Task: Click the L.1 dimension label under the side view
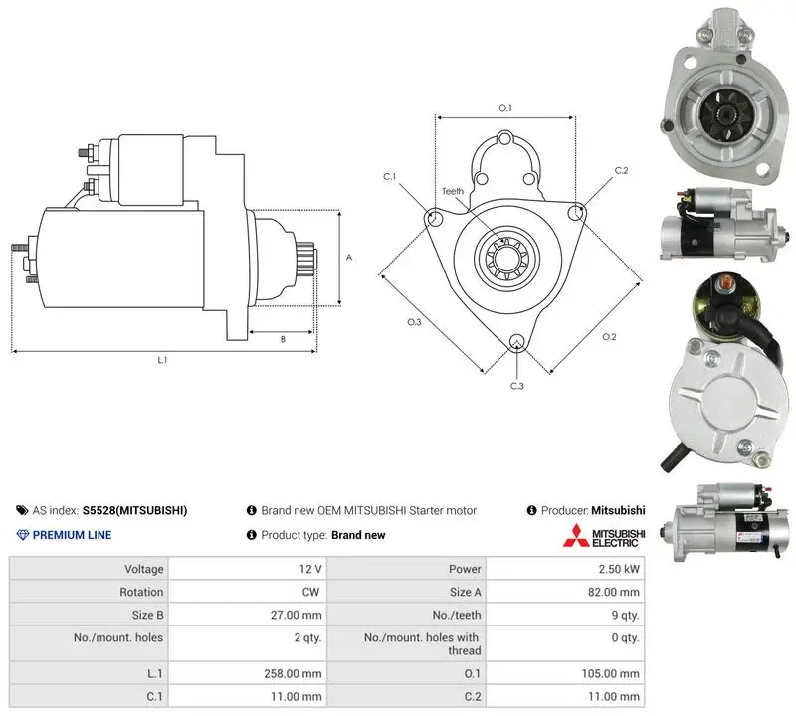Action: tap(162, 360)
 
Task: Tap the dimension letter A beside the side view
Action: tap(349, 258)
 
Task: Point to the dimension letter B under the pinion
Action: tap(283, 339)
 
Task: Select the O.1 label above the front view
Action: tap(505, 108)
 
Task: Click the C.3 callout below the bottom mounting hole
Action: tap(516, 386)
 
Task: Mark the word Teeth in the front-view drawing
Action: tap(453, 191)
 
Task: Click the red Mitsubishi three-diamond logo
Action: tap(576, 535)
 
